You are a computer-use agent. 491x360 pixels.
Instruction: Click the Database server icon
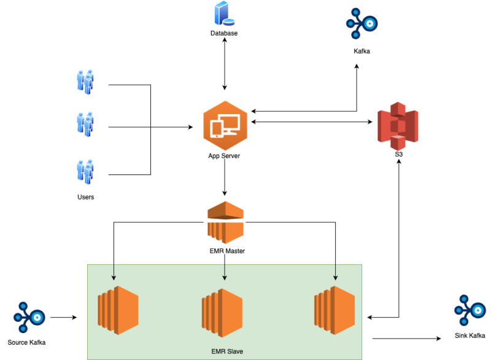[223, 14]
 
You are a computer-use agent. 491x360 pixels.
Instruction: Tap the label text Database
[224, 33]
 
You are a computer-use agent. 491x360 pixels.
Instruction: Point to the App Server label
[224, 156]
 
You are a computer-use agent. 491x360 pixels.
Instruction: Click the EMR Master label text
[225, 251]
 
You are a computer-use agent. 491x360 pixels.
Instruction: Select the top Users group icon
[85, 81]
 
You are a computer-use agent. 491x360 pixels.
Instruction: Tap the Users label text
[85, 197]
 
